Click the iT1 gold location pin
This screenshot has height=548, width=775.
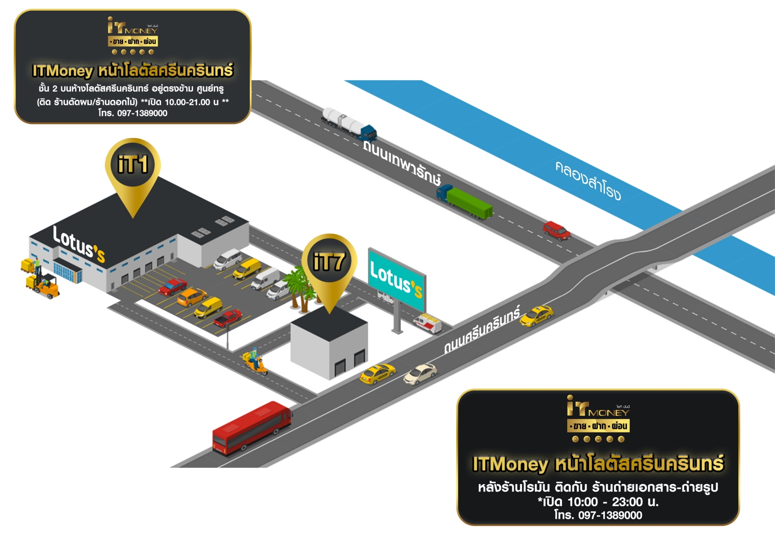133,167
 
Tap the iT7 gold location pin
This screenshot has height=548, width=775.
329,263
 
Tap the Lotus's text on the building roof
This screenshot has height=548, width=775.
79,244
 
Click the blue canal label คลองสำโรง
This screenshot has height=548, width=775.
588,180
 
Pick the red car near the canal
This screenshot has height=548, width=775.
557,231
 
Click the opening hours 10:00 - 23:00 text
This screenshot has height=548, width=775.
598,502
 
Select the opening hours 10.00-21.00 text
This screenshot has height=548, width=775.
187,102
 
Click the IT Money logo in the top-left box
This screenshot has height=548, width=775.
132,36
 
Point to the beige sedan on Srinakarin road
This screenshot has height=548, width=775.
420,374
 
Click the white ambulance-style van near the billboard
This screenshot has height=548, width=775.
428,323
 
